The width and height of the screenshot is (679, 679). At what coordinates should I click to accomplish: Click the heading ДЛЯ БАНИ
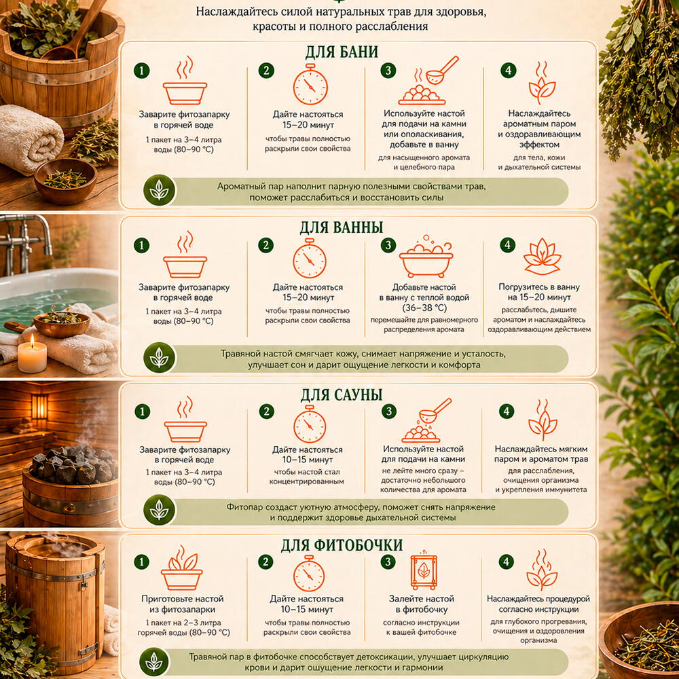pos(342,52)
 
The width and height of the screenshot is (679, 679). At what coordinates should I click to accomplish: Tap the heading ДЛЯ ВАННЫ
pos(342,227)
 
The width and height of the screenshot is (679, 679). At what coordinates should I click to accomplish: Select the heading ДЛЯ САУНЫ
pos(342,394)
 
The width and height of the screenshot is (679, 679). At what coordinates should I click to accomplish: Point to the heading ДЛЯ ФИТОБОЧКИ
pos(342,545)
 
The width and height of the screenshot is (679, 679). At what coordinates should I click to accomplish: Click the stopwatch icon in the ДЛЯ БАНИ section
pos(310,84)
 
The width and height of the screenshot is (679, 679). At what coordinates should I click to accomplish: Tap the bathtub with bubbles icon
pos(426,257)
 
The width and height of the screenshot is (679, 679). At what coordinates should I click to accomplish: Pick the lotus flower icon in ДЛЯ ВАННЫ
pos(542,257)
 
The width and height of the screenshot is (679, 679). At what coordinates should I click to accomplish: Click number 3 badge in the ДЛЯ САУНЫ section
pos(389,411)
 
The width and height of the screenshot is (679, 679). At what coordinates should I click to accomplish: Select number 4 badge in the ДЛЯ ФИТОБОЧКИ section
pos(507,562)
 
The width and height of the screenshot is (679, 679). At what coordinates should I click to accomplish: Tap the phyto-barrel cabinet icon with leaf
pos(424,570)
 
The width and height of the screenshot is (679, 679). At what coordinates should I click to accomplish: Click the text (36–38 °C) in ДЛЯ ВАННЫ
pos(424,308)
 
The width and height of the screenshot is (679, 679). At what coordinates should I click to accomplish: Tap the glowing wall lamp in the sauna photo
pos(39,406)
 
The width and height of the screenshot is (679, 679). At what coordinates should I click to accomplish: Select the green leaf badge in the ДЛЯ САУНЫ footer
pos(160,510)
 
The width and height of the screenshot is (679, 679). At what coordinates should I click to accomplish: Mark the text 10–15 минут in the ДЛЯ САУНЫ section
pos(308,460)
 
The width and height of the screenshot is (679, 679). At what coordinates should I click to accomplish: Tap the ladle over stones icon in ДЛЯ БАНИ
pos(428,81)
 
